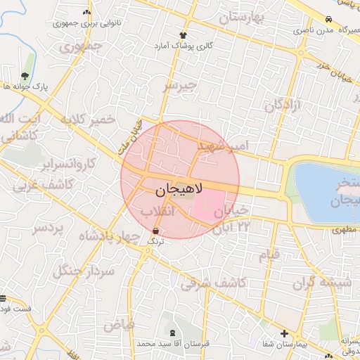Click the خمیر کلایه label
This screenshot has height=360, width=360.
pyautogui.click(x=88, y=120)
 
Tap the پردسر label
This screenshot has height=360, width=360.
pyautogui.click(x=49, y=229)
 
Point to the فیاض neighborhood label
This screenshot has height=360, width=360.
pyautogui.click(x=119, y=325)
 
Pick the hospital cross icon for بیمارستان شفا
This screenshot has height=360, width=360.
pyautogui.click(x=284, y=333)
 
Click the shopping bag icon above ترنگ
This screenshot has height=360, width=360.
pyautogui.click(x=155, y=231)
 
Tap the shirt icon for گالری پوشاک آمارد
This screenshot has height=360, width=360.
pyautogui.click(x=184, y=34)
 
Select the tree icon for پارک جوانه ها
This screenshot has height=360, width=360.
pyautogui.click(x=25, y=76)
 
